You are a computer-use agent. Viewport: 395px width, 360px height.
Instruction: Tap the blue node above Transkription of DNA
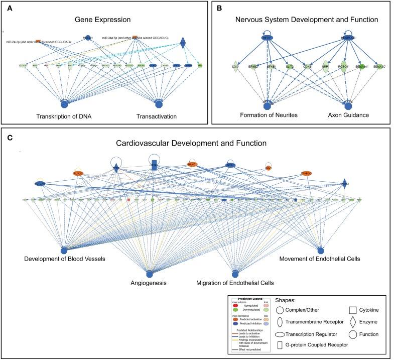(x=64, y=104)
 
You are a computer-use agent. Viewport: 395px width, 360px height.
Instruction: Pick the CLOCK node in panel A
(x=23, y=65)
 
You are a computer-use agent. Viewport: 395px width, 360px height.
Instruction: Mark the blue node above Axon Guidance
(x=347, y=106)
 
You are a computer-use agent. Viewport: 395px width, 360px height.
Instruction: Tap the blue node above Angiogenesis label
(x=149, y=274)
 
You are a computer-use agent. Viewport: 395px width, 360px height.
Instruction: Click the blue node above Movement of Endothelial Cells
(x=321, y=250)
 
